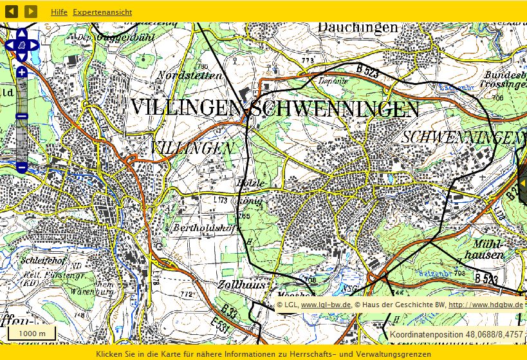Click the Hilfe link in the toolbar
click(x=59, y=12)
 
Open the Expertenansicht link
click(x=102, y=12)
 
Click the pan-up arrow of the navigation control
click(x=21, y=33)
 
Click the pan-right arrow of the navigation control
click(x=34, y=45)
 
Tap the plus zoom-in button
click(x=21, y=72)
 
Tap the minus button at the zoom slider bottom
click(x=21, y=167)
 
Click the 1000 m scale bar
click(x=32, y=333)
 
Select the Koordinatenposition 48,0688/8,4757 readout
click(x=456, y=334)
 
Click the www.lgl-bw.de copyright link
click(x=326, y=305)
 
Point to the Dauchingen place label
click(x=358, y=27)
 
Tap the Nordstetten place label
click(x=189, y=75)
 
